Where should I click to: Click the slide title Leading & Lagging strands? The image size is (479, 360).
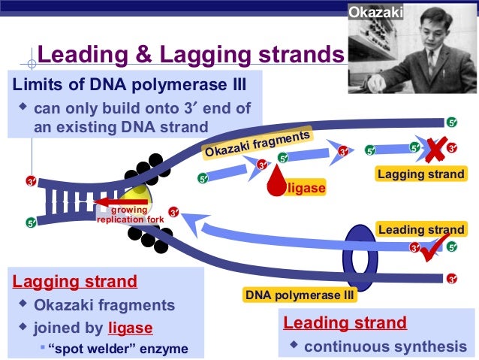click(191, 55)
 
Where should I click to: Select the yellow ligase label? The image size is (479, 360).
click(306, 188)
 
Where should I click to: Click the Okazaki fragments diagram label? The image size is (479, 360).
click(257, 144)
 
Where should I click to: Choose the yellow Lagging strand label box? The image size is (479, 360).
click(420, 174)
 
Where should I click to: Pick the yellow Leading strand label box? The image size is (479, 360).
click(420, 230)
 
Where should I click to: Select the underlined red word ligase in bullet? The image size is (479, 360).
click(130, 328)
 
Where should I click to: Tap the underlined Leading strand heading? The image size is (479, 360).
click(345, 323)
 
